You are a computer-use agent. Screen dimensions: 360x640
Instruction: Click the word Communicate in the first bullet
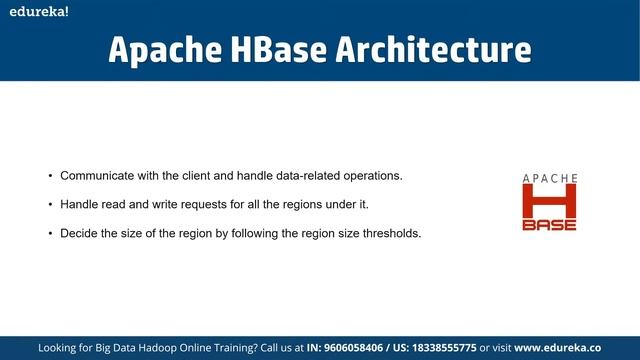(98, 176)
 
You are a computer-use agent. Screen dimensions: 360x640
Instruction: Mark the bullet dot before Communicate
(50, 176)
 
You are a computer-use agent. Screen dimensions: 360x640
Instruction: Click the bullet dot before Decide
(50, 234)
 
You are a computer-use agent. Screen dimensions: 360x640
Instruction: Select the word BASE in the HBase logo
(550, 224)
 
